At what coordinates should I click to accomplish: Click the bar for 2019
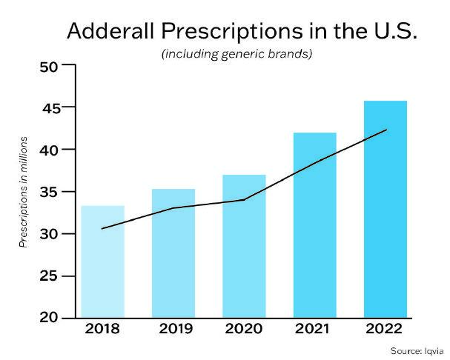[173, 253]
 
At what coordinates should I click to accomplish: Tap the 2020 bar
[244, 247]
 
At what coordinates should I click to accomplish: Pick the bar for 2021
[314, 225]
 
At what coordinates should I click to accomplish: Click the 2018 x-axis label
[102, 329]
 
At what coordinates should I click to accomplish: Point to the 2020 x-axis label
[244, 329]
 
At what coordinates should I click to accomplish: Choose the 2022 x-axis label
[385, 329]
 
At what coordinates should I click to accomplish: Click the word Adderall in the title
[109, 32]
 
